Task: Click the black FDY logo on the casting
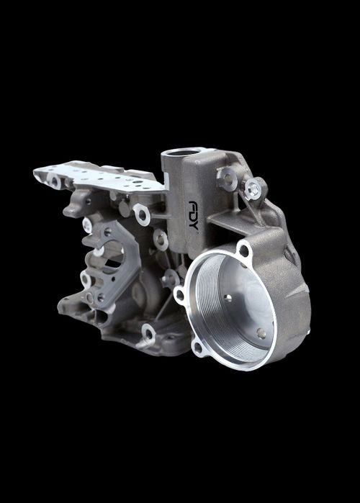pyautogui.click(x=193, y=215)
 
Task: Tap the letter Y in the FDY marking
pyautogui.click(x=193, y=225)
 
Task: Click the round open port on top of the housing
pyautogui.click(x=182, y=152)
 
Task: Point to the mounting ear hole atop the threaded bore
pyautogui.click(x=244, y=250)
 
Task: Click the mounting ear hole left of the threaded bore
pyautogui.click(x=180, y=294)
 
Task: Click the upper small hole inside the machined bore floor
pyautogui.click(x=228, y=298)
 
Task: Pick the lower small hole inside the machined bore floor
pyautogui.click(x=261, y=333)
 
